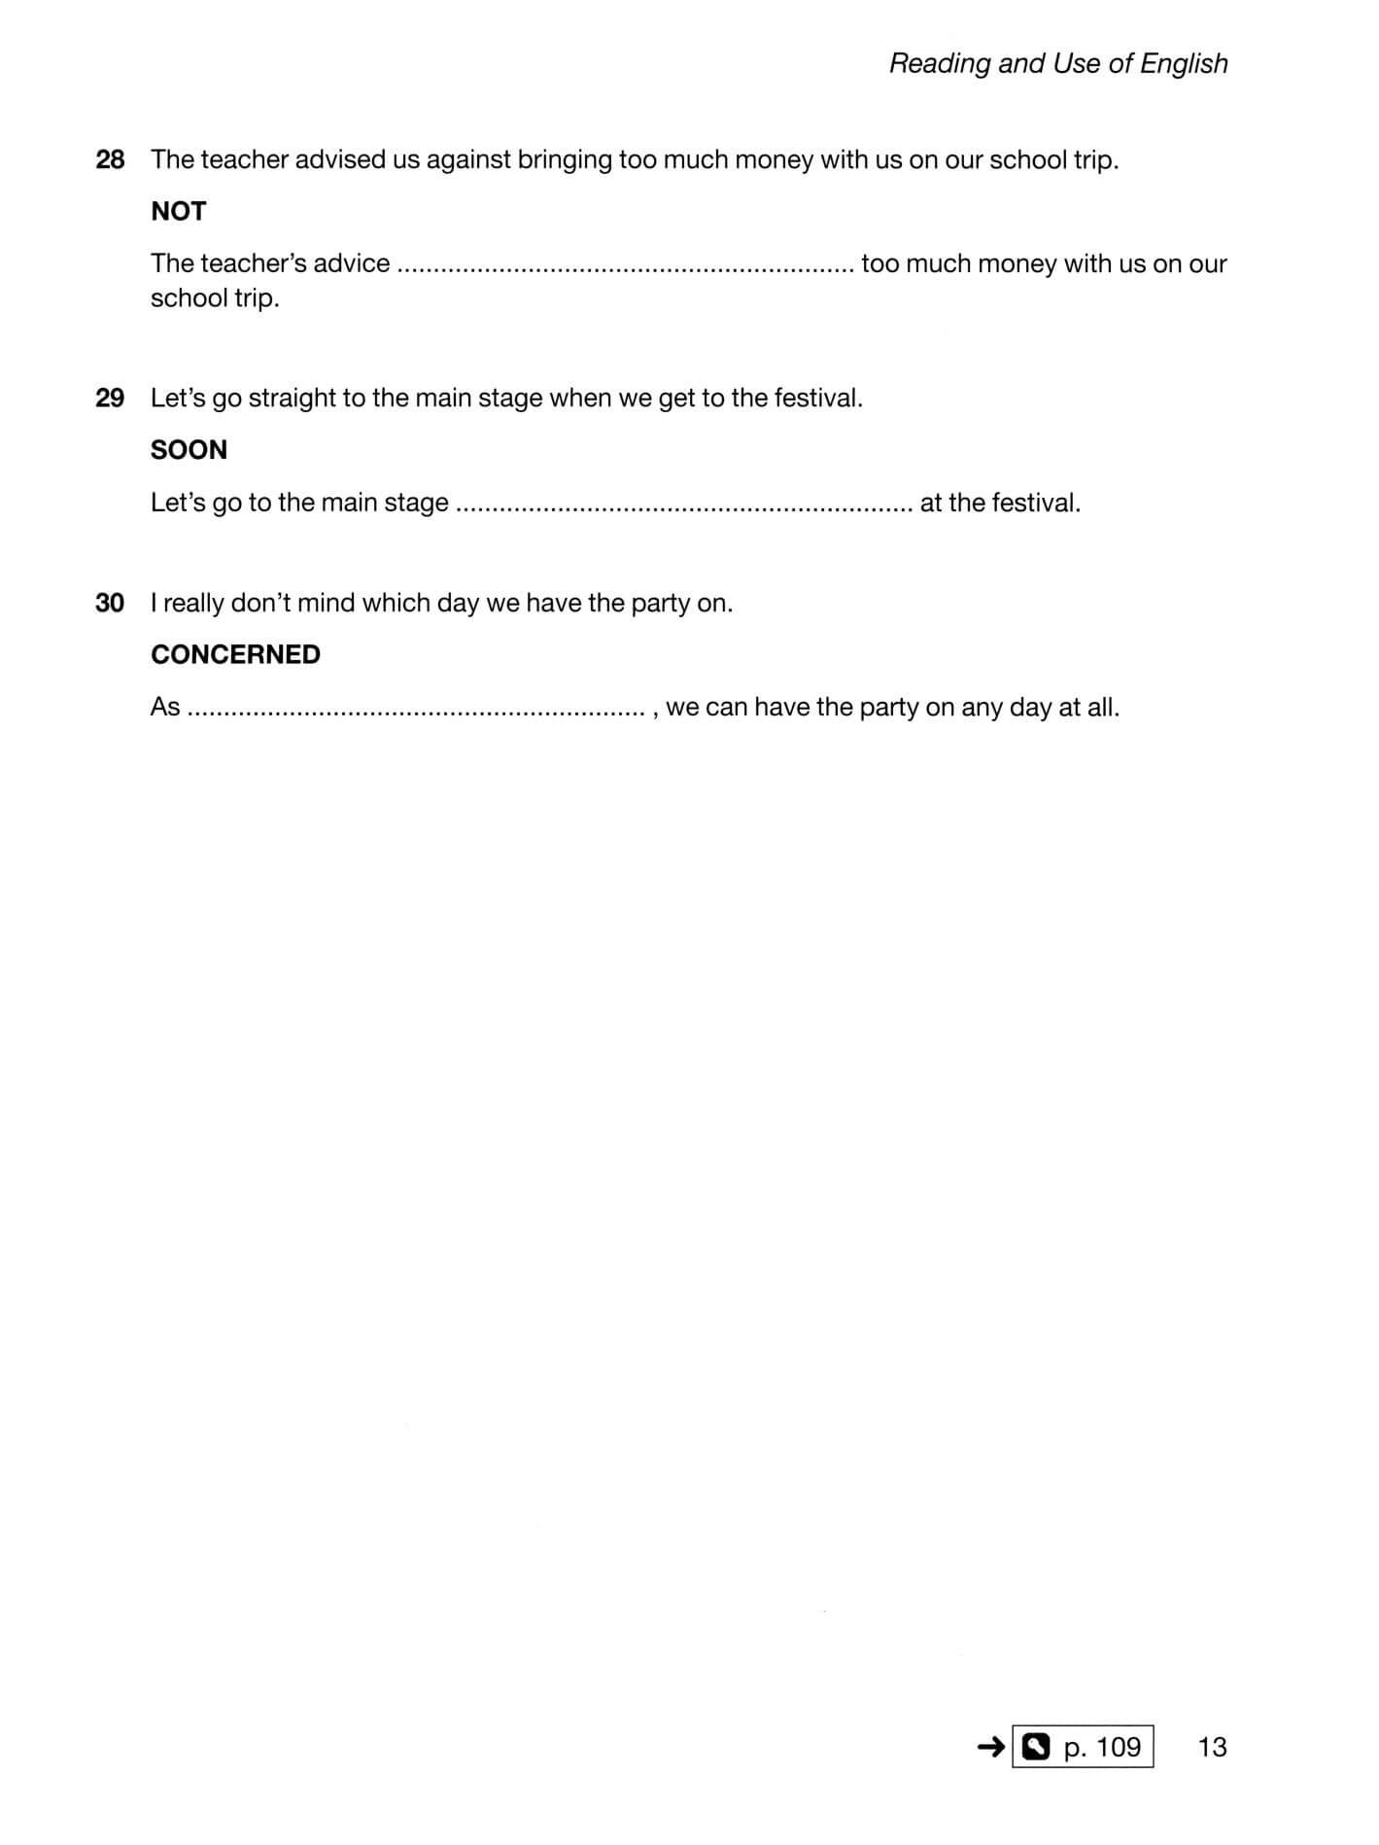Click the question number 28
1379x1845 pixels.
[x=110, y=159]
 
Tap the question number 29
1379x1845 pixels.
[x=110, y=398]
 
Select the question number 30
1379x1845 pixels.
[x=110, y=603]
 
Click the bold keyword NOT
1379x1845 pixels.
[x=178, y=211]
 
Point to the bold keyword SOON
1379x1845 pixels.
[x=189, y=449]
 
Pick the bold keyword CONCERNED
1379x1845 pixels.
[x=235, y=654]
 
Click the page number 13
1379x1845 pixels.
[x=1212, y=1747]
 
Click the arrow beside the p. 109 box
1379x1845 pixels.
[x=990, y=1747]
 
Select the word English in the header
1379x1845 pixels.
[x=1184, y=63]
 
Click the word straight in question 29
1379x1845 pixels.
[x=292, y=398]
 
